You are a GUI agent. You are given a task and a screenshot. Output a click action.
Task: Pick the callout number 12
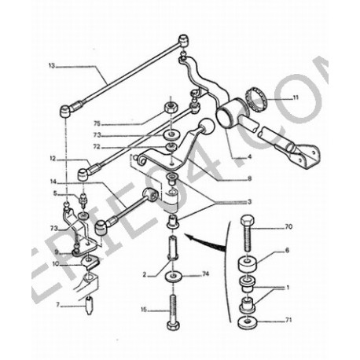point(51,157)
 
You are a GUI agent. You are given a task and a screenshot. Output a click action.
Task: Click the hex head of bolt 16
point(172,325)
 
